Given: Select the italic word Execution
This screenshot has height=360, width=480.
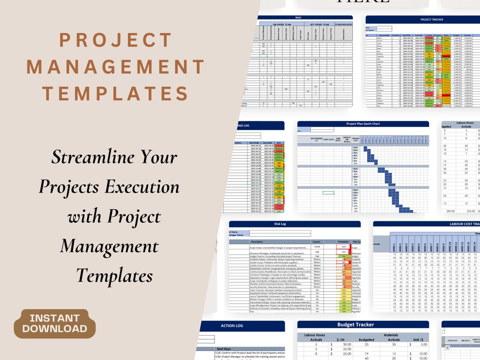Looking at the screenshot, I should point(143,186).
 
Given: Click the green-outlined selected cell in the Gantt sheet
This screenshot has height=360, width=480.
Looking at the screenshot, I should point(328,192).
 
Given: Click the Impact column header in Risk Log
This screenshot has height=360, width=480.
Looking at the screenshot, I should point(316,241).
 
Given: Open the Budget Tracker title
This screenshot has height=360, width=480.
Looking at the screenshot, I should point(356,324).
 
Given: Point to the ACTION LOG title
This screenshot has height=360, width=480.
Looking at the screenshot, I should point(232,326).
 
